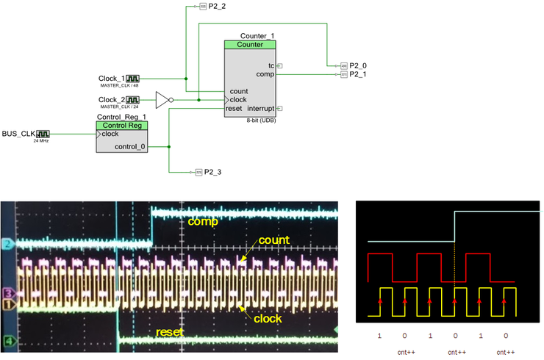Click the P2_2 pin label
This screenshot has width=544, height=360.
[215, 6]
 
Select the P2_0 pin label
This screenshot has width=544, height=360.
[358, 65]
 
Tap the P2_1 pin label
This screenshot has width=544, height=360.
[358, 74]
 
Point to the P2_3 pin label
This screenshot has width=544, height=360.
[212, 172]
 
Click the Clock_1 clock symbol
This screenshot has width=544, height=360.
[133, 78]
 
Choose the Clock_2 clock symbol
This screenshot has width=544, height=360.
[133, 99]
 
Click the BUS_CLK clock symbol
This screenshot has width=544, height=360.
[43, 134]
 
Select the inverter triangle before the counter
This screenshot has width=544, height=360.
[162, 99]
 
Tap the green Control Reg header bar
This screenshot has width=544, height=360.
[121, 125]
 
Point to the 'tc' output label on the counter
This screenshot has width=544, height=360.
[271, 65]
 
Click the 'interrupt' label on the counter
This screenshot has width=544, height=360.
[259, 109]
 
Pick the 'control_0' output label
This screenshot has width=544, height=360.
[130, 147]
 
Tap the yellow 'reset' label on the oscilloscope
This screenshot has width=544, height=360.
[170, 332]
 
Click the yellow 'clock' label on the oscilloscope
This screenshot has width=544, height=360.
[268, 318]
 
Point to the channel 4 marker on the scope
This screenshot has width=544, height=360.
[8, 341]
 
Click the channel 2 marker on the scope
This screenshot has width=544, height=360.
[8, 242]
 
